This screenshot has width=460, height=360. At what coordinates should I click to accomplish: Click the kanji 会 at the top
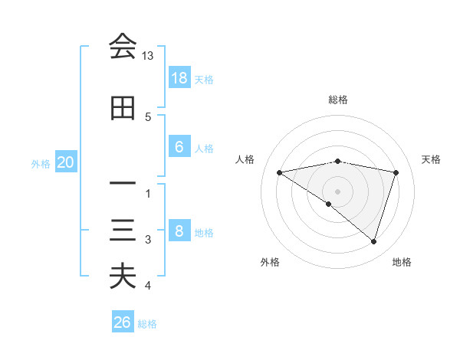tap(123, 47)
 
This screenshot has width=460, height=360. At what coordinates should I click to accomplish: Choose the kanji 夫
tap(123, 277)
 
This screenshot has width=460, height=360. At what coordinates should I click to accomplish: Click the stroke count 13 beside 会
tap(148, 56)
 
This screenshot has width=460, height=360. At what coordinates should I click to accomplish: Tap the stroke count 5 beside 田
tap(148, 116)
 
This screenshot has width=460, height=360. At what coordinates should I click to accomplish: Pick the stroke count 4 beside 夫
tap(148, 286)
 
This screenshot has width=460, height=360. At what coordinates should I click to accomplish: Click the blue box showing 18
tap(179, 78)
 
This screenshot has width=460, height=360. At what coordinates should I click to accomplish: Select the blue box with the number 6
tap(179, 147)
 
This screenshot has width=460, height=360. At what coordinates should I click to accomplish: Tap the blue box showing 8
tap(179, 231)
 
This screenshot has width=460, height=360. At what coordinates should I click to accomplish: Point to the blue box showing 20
tap(66, 162)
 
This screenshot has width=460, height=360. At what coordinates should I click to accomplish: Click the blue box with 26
tap(123, 322)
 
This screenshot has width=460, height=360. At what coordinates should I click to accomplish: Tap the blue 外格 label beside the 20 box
tap(40, 163)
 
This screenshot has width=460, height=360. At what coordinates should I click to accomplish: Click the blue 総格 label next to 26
tap(147, 324)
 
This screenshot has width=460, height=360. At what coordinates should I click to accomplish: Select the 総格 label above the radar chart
tap(337, 100)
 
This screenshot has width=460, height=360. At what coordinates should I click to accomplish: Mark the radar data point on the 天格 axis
tap(396, 172)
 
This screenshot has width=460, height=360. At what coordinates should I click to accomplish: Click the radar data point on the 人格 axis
tap(279, 172)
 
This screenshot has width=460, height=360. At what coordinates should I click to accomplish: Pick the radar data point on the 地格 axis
tap(373, 241)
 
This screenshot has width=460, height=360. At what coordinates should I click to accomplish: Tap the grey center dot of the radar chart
tap(337, 191)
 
